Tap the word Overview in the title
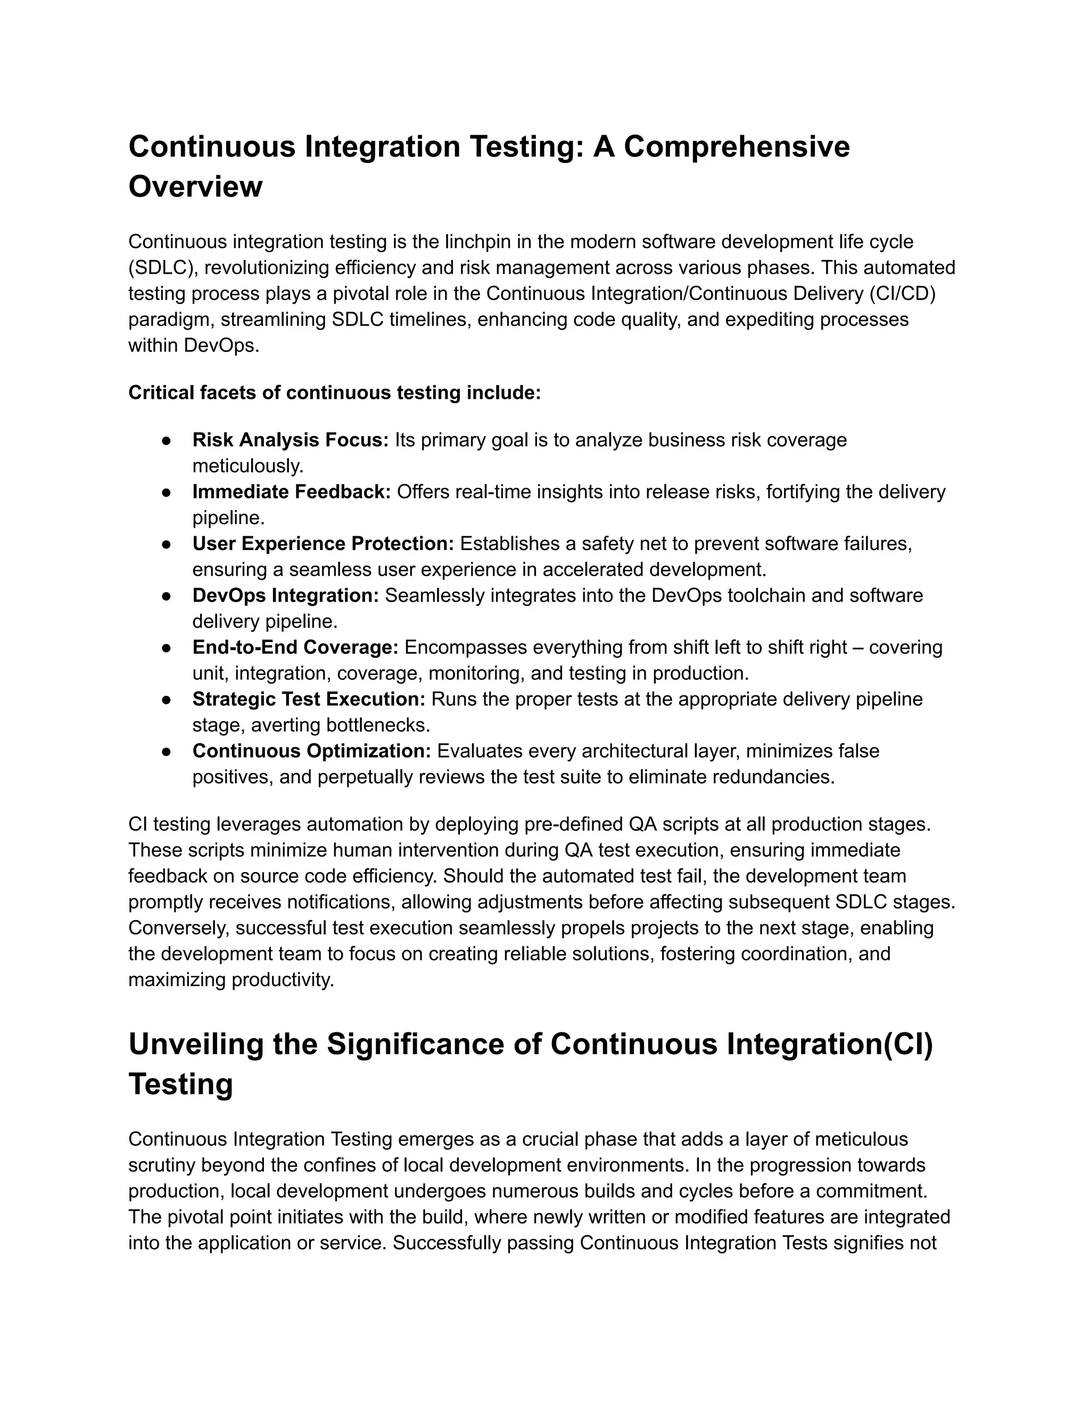(195, 187)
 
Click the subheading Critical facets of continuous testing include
(334, 393)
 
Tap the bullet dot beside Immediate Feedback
(166, 493)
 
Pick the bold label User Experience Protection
(324, 544)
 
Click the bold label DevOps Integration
(285, 596)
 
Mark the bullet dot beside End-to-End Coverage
(166, 647)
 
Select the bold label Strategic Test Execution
(309, 699)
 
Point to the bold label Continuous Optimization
(311, 751)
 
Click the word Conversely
(179, 929)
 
